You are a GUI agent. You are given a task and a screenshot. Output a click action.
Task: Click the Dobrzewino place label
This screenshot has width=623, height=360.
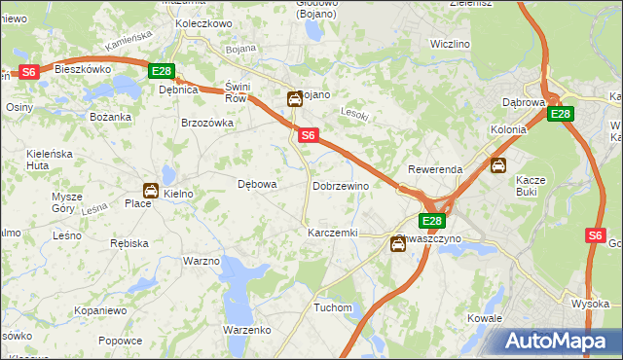point(341,185)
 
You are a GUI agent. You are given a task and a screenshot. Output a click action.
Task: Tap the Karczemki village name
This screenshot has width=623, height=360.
point(333,234)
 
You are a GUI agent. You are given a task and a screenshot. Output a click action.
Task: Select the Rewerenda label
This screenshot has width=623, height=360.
point(435,169)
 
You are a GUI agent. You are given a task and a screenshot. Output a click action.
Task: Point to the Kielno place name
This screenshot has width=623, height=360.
point(179,194)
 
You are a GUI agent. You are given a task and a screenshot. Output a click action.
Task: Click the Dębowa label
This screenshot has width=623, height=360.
point(258,183)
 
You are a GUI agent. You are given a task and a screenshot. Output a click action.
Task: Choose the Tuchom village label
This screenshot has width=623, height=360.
point(333,307)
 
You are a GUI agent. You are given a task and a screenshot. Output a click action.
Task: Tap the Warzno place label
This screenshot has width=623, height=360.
point(202,261)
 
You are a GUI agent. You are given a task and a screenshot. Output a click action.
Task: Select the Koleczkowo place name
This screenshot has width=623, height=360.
point(203,22)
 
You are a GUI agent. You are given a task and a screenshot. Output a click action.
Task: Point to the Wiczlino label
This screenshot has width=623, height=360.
point(450,44)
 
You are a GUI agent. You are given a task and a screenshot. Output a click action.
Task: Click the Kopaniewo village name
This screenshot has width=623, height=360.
point(101,310)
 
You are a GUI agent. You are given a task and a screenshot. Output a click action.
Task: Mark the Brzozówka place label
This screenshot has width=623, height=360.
point(207,123)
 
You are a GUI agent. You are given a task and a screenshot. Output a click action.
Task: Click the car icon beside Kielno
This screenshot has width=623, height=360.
point(151,191)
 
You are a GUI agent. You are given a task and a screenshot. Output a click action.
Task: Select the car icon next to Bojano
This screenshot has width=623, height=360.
point(294,98)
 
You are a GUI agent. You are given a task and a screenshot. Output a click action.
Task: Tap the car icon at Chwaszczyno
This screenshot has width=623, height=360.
point(398,244)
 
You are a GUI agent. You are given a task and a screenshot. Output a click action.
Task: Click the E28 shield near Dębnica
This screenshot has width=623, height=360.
point(162,71)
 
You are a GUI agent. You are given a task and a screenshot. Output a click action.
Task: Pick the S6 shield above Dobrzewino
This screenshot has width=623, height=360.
point(308,136)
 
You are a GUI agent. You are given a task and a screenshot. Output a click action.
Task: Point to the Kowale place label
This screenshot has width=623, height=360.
point(484,318)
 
